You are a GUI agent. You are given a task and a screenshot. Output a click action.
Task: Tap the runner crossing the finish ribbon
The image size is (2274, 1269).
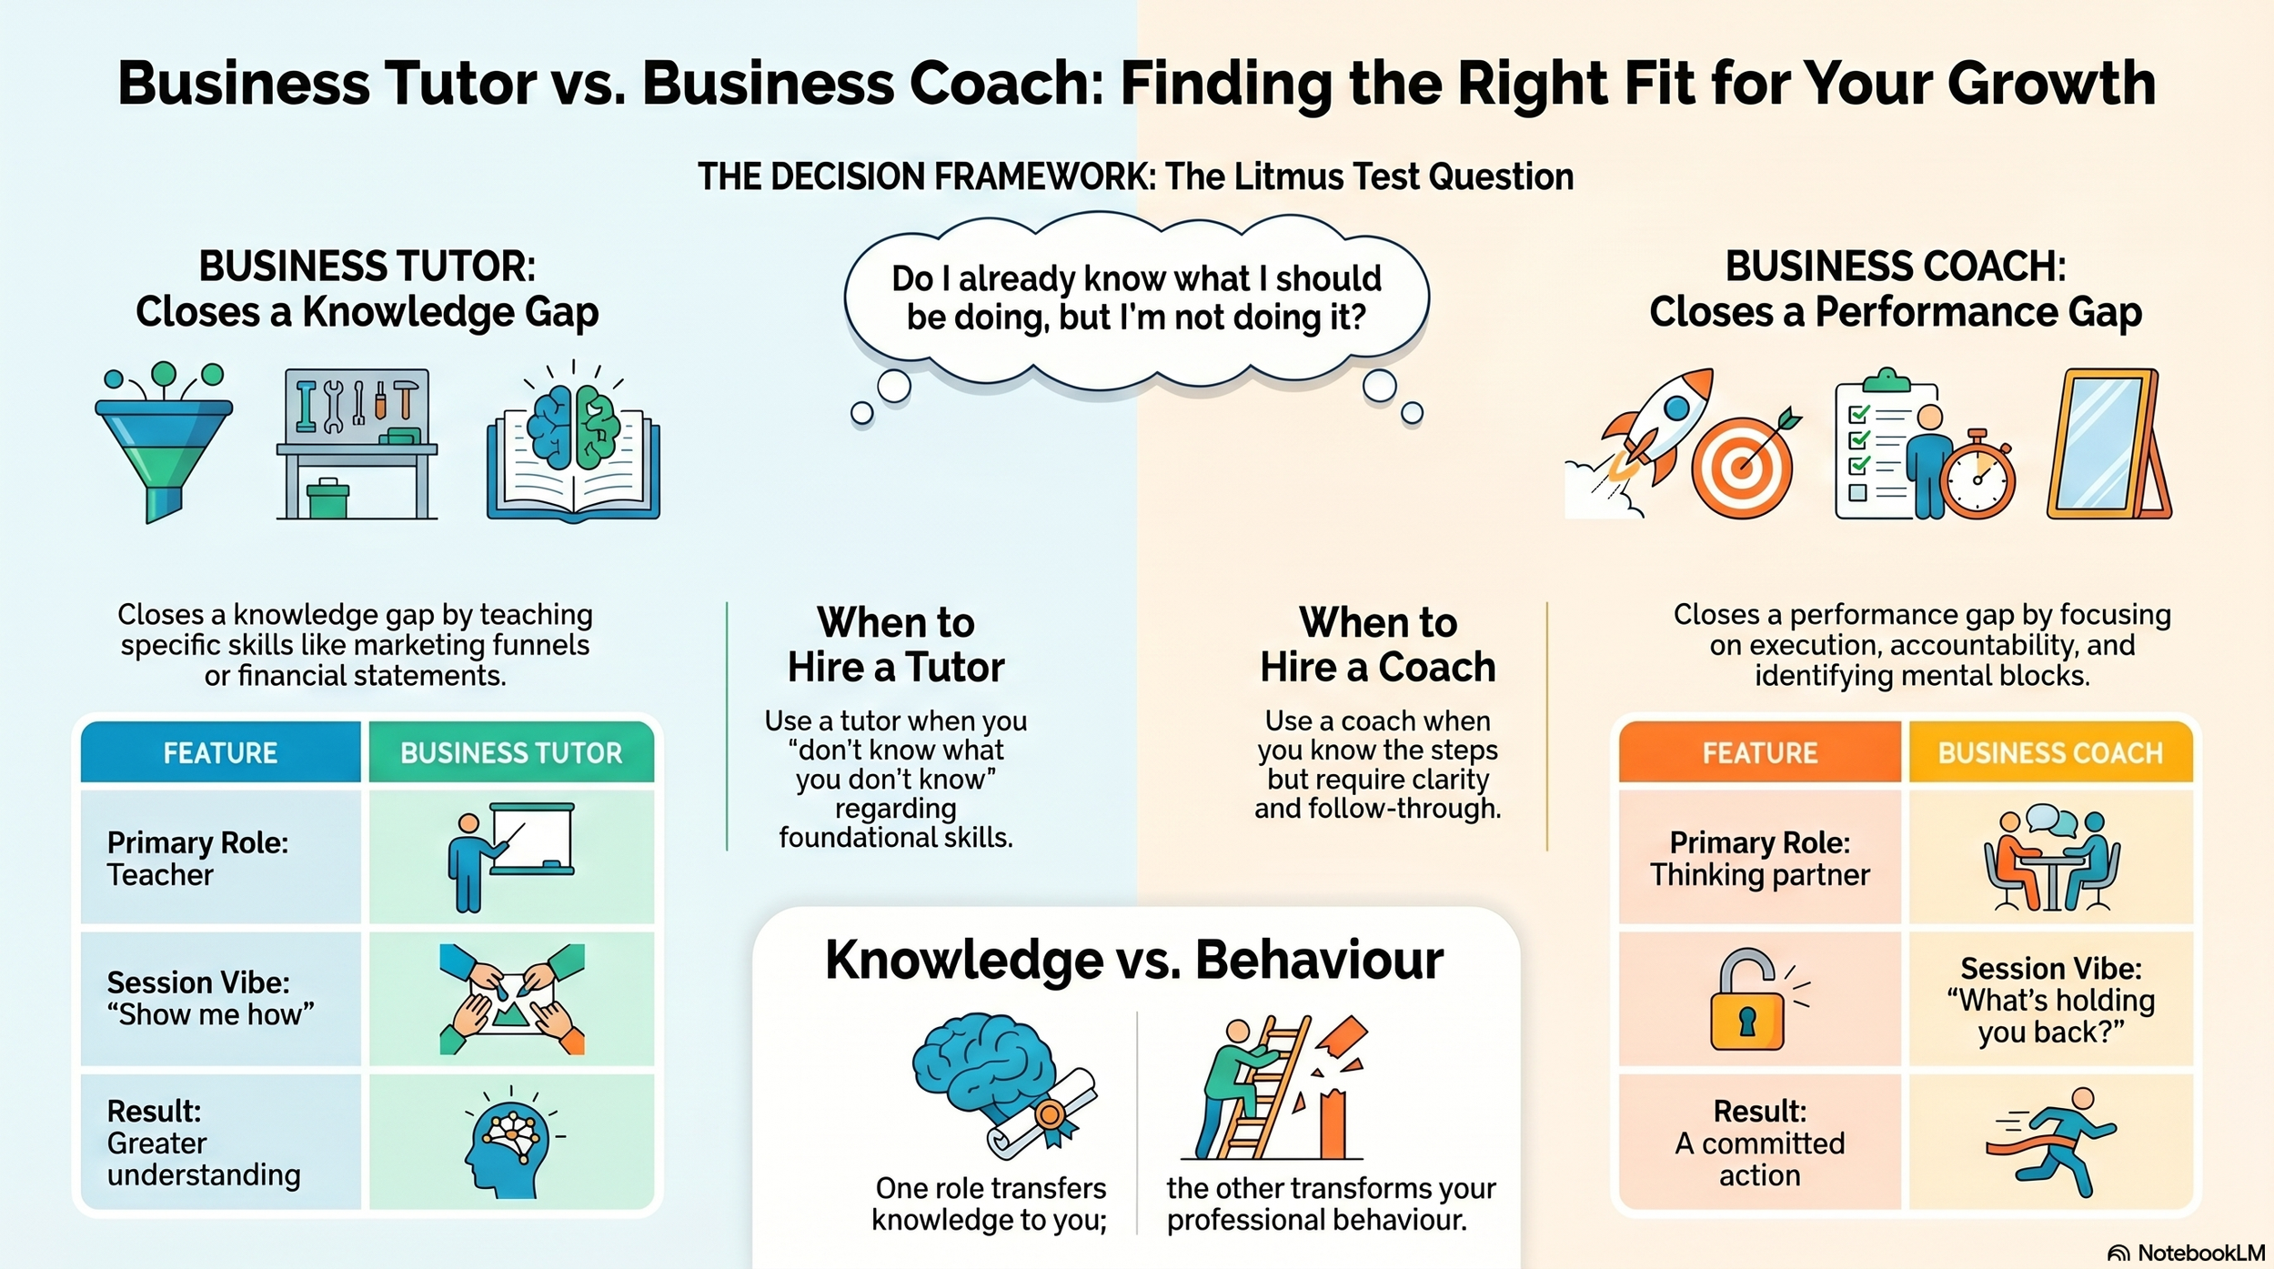pos(2052,1142)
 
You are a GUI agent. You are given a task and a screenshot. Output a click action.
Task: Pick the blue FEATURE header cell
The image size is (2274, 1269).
pos(220,753)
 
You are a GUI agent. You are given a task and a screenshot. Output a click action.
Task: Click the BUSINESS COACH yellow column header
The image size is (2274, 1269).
pos(2050,753)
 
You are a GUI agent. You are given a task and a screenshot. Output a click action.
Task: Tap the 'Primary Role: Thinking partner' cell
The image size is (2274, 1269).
pos(1759,858)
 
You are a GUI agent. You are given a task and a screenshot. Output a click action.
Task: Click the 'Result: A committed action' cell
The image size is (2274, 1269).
pos(1759,1143)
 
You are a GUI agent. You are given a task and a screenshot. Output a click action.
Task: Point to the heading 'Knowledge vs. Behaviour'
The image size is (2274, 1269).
pos(1134,960)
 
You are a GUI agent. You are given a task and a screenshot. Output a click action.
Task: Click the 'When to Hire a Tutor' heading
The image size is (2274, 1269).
pos(896,645)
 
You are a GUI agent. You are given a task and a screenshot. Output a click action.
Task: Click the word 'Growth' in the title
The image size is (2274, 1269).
pos(2051,84)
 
